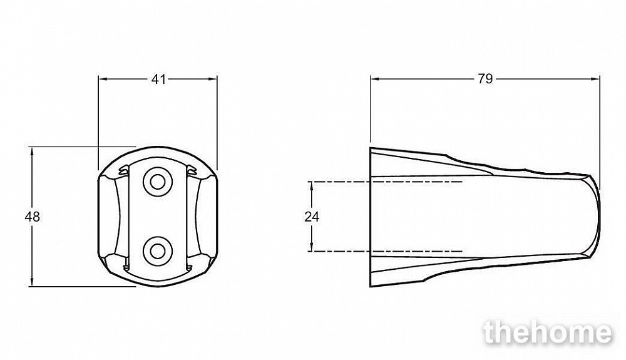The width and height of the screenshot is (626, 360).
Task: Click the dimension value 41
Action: point(158,80)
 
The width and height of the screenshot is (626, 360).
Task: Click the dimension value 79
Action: point(485,80)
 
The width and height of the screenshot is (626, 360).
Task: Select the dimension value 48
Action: point(32,217)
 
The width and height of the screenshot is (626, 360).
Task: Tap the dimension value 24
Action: point(312,217)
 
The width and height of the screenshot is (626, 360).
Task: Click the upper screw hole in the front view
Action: point(158,182)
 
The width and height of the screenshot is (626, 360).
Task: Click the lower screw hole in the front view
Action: point(158,251)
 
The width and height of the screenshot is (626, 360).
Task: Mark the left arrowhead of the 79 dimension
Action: point(375,79)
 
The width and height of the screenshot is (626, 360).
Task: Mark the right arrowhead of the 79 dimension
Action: point(595,79)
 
